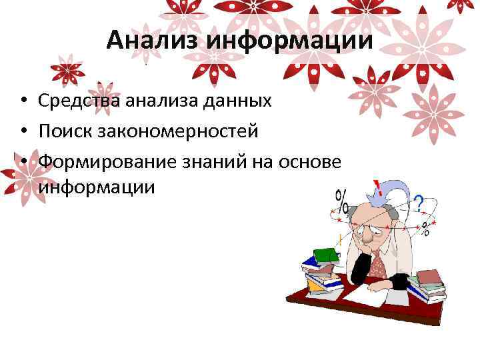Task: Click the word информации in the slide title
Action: coord(289,41)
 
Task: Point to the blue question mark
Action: coord(419,203)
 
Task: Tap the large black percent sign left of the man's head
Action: coord(342,200)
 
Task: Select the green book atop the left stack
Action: coord(326,255)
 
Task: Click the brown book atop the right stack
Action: coord(429,276)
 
